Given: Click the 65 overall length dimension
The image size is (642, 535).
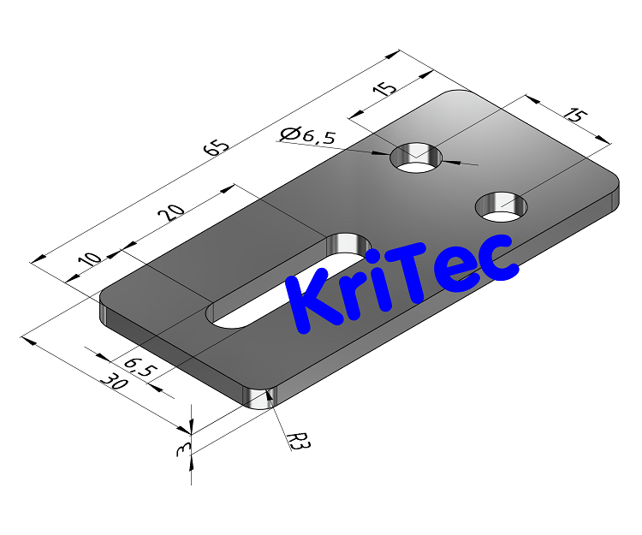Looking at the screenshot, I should tap(217, 146).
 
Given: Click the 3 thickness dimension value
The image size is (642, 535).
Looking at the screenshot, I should tap(181, 450).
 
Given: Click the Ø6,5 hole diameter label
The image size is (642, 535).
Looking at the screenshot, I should tap(308, 134).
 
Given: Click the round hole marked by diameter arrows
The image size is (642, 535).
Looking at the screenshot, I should tap(417, 158).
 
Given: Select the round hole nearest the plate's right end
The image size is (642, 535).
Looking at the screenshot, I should tap(502, 205).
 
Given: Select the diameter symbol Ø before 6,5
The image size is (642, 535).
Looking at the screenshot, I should tap(288, 134).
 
